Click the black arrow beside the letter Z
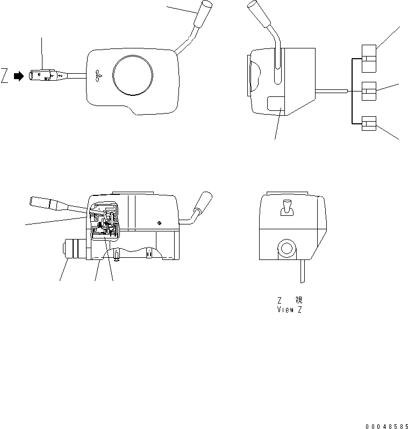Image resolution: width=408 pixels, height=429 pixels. pos(19,77)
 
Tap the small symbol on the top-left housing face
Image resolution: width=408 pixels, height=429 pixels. pos(97,76)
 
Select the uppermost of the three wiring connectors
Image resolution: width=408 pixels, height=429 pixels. pos(369,58)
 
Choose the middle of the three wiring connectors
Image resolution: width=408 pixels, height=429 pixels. pos(369,92)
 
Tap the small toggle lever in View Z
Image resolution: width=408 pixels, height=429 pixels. pos(288,207)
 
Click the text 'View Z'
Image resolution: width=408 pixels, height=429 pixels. pos(289,310)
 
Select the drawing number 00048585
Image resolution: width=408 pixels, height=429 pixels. pos(385,426)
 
